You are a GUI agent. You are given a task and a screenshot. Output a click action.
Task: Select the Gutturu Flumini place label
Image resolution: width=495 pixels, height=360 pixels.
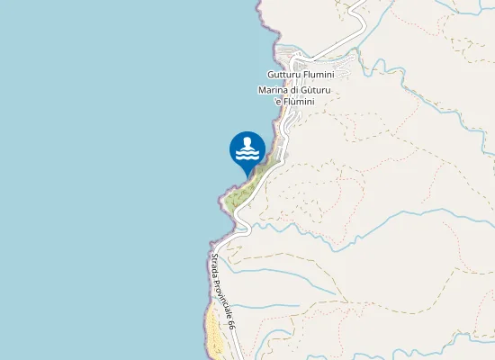coord(301,75)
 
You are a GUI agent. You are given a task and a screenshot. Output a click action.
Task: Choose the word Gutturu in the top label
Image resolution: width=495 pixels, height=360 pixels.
coord(284,75)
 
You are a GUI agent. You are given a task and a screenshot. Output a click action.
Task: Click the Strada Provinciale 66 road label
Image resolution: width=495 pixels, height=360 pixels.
coord(222,291)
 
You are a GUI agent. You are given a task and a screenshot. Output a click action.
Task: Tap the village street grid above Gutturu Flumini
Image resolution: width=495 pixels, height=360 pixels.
coord(297,56)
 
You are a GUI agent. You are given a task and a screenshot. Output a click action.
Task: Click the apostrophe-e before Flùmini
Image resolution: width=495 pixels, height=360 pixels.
coord(279,102)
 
